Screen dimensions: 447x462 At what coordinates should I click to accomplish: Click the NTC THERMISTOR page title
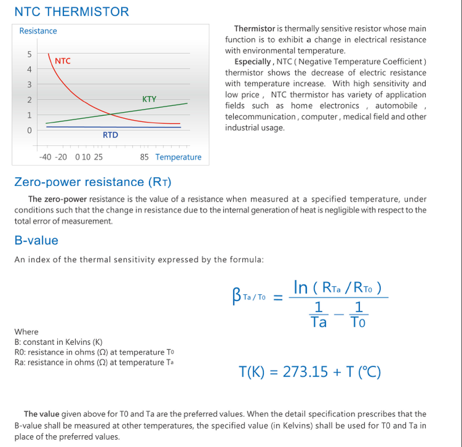72,12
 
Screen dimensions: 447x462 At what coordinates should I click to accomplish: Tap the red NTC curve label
62,61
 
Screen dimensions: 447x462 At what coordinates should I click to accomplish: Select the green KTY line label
149,99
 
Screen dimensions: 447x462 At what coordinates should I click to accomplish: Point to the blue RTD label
110,135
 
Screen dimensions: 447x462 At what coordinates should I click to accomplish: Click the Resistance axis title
38,31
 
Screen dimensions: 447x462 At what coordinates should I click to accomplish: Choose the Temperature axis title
178,157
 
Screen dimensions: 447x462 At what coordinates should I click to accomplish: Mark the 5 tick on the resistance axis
29,54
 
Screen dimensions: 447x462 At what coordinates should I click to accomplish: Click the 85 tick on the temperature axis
144,157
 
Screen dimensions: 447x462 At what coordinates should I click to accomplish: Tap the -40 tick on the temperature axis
45,157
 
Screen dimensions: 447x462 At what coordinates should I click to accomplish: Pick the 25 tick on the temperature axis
98,157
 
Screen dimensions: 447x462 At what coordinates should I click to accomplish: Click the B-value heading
36,241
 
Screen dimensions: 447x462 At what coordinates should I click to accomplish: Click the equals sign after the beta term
277,298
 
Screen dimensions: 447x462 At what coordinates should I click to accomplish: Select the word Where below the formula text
26,332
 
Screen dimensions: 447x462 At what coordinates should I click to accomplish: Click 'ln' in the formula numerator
301,287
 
